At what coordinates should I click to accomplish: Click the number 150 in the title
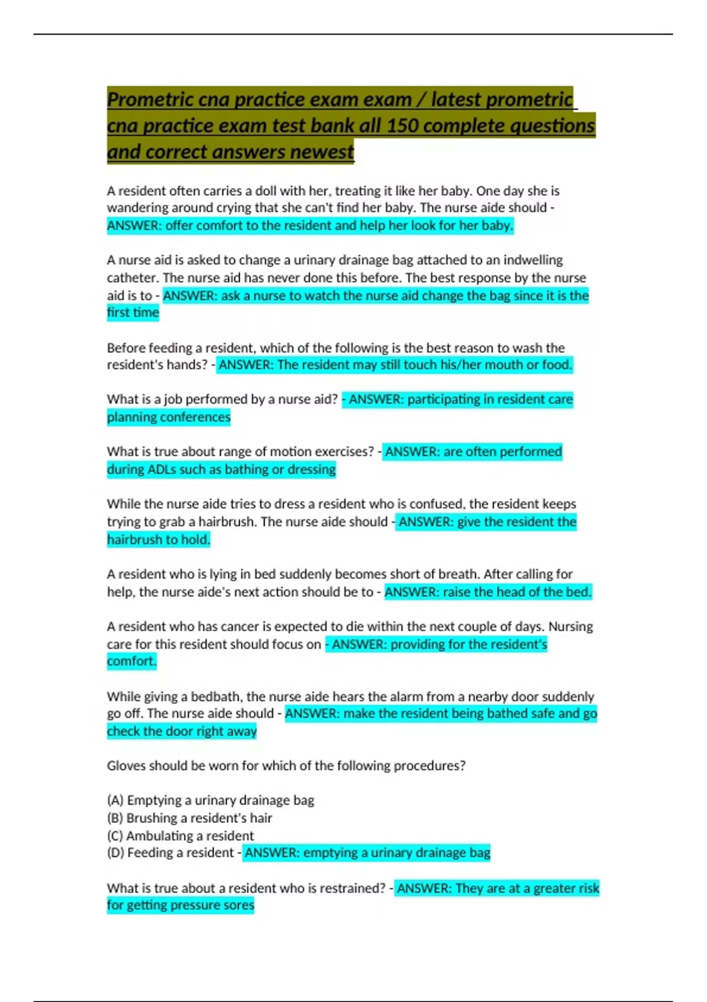click(402, 126)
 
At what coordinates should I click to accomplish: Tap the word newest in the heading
click(322, 152)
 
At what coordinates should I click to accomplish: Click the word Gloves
click(125, 766)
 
